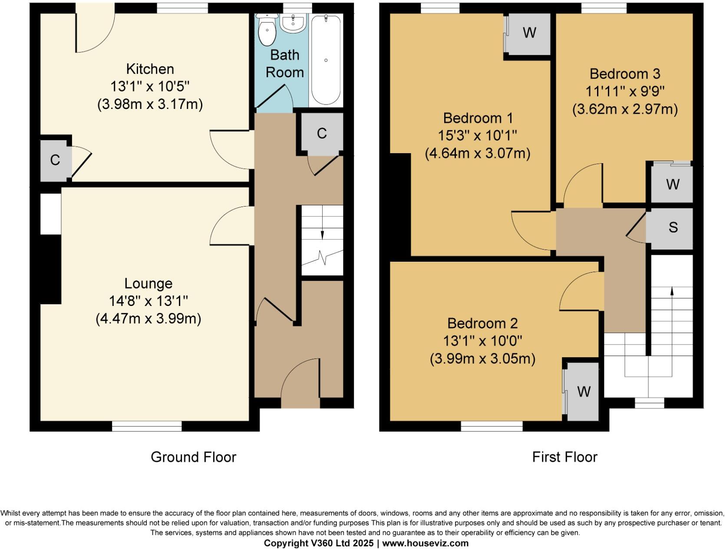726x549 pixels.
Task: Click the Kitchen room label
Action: pos(150,69)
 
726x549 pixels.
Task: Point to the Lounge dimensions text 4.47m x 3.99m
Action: pos(148,319)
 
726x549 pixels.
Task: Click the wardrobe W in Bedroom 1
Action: pos(529,33)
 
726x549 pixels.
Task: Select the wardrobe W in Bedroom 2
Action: pos(584,391)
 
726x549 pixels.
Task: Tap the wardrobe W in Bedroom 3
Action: pos(672,184)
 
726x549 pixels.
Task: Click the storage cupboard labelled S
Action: pos(673,227)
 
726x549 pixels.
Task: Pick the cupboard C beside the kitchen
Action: pos(55,160)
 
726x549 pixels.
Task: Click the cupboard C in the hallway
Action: pos(321,134)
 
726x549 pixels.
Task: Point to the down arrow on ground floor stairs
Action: pos(322,234)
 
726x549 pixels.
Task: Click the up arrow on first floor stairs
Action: pos(672,292)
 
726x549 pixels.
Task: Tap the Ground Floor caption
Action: pos(193,457)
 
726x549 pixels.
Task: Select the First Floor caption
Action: pos(564,457)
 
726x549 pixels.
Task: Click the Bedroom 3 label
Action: pos(624,74)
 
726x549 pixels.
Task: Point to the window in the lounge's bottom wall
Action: pos(147,426)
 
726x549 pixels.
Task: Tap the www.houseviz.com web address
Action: pos(425,543)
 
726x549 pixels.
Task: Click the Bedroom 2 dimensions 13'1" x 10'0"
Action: pos(482,341)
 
